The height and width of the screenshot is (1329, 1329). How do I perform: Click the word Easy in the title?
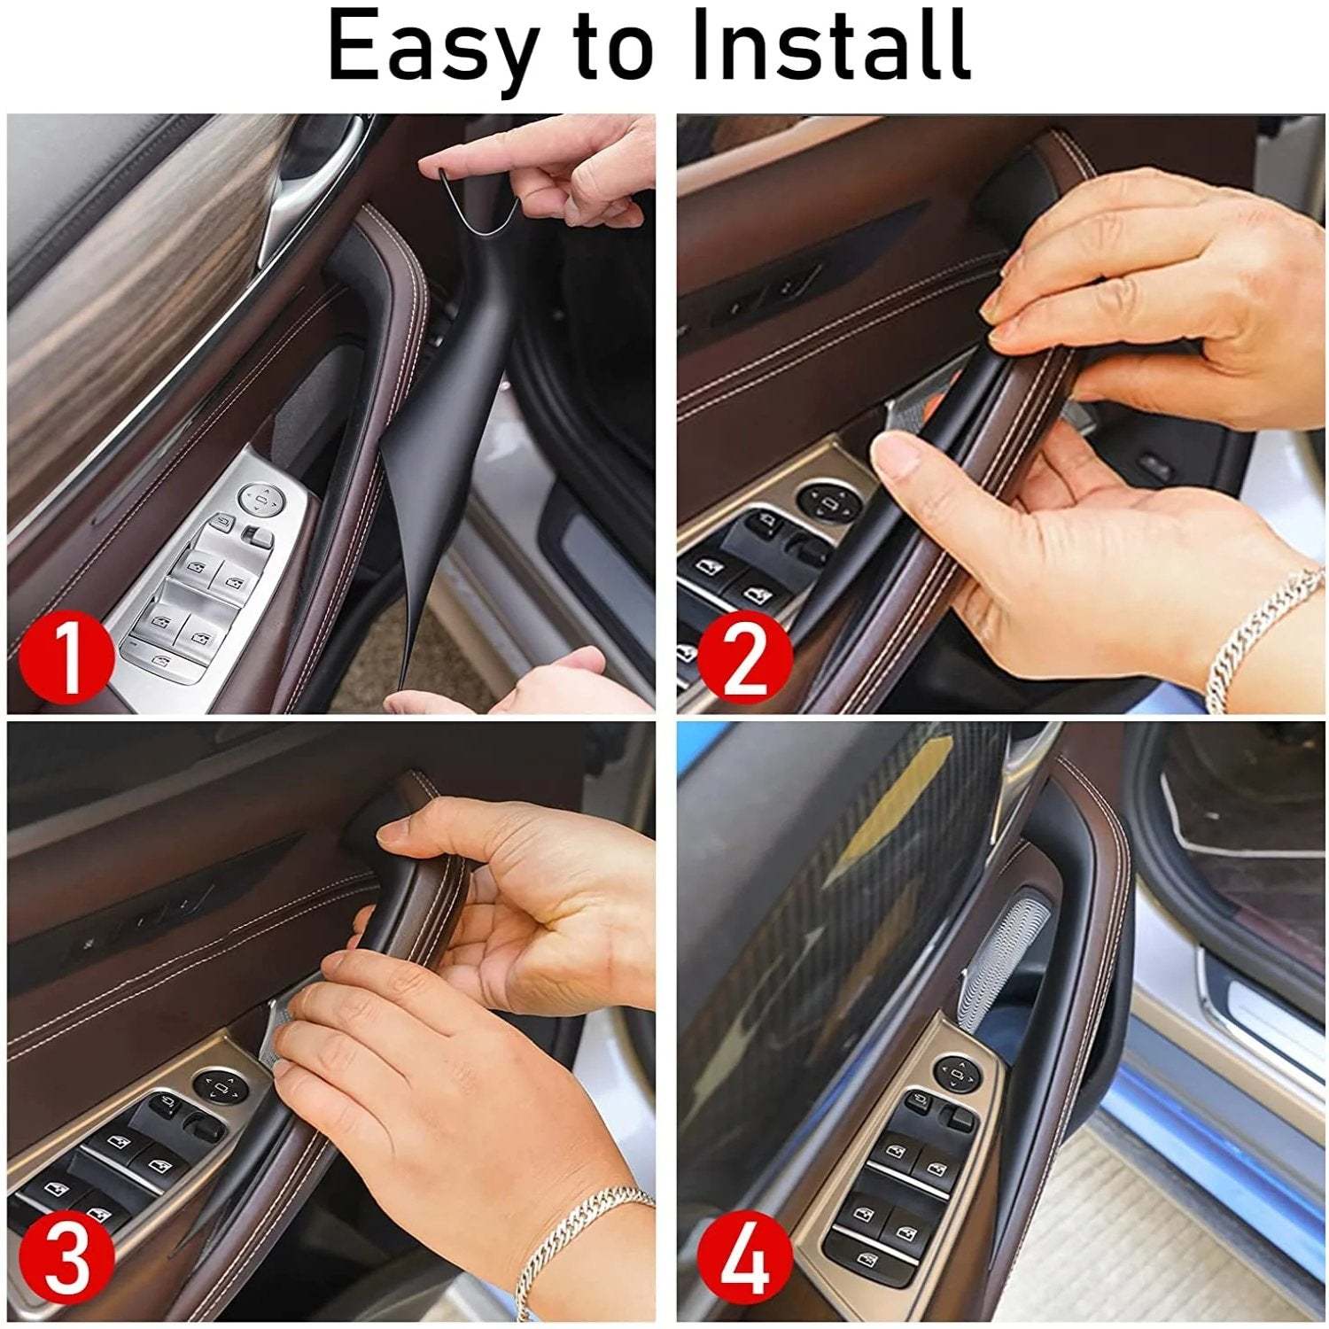pyautogui.click(x=430, y=46)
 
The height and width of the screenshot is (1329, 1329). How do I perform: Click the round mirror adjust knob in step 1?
pyautogui.click(x=260, y=501)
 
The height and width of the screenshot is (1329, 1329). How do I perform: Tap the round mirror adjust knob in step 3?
pyautogui.click(x=215, y=1084)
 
